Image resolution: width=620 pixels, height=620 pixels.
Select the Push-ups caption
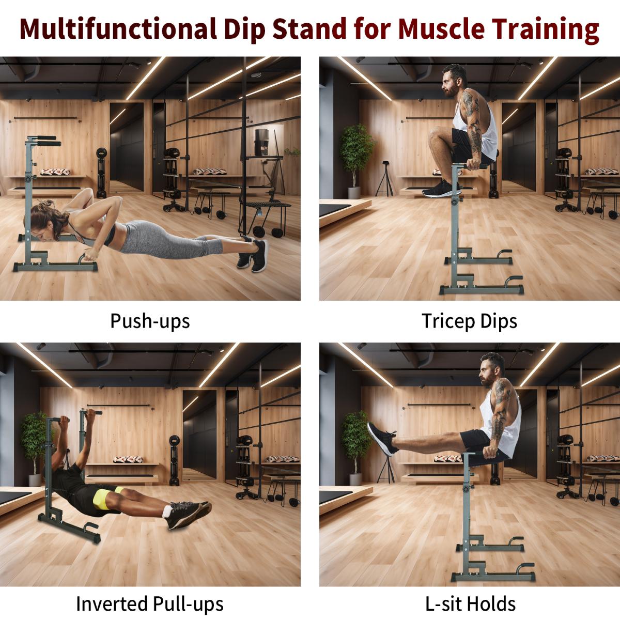click(150, 321)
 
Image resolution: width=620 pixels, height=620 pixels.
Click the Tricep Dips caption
click(469, 321)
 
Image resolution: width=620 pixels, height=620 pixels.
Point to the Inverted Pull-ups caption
click(150, 603)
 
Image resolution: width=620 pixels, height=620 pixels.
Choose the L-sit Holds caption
click(469, 603)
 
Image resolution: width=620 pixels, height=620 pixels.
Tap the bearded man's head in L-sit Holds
click(491, 370)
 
